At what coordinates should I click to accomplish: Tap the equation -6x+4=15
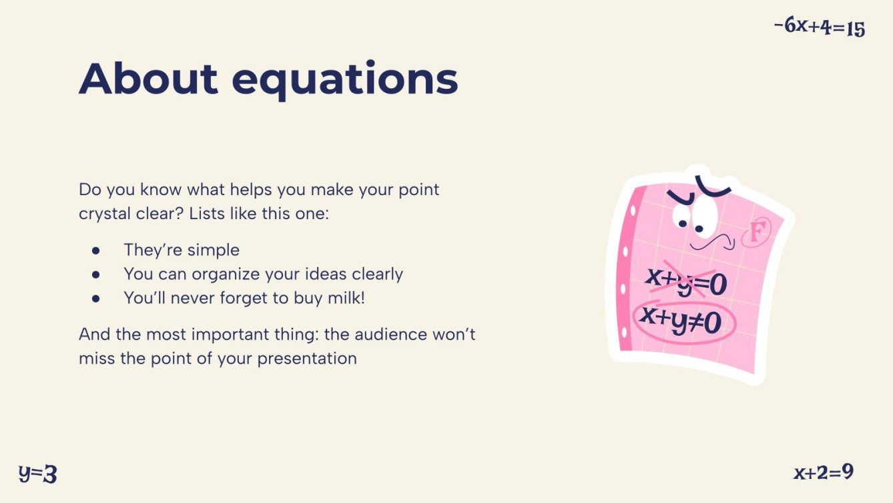point(819,27)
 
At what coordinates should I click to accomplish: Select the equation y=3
point(37,474)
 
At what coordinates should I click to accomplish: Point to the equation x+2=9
point(824,472)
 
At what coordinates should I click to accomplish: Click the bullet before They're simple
point(95,250)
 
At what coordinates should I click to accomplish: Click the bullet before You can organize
point(95,275)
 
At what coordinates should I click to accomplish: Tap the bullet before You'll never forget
point(95,299)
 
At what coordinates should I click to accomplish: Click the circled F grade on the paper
point(756,233)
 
